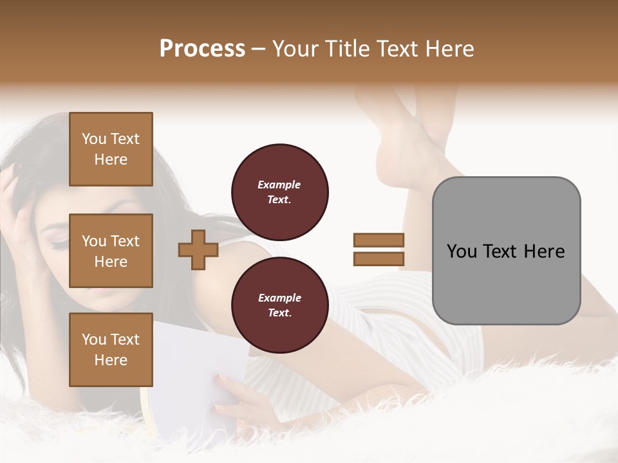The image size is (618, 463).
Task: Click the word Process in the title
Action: pos(202,49)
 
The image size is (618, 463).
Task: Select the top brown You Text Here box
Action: pos(111,149)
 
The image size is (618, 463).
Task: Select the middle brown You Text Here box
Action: pos(111,251)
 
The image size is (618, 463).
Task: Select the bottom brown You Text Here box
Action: pos(111,349)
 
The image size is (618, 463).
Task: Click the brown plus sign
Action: pos(198,250)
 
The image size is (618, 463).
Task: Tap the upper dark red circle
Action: pos(279,192)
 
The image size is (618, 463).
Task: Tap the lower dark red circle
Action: pos(279,305)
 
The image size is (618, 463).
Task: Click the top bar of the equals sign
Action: pos(379,241)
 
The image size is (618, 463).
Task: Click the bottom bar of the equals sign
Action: pos(379,259)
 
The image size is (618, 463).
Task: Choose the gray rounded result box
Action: pos(506,251)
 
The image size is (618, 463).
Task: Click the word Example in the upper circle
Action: pos(279,185)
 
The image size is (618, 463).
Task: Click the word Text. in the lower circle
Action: pos(279,313)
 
